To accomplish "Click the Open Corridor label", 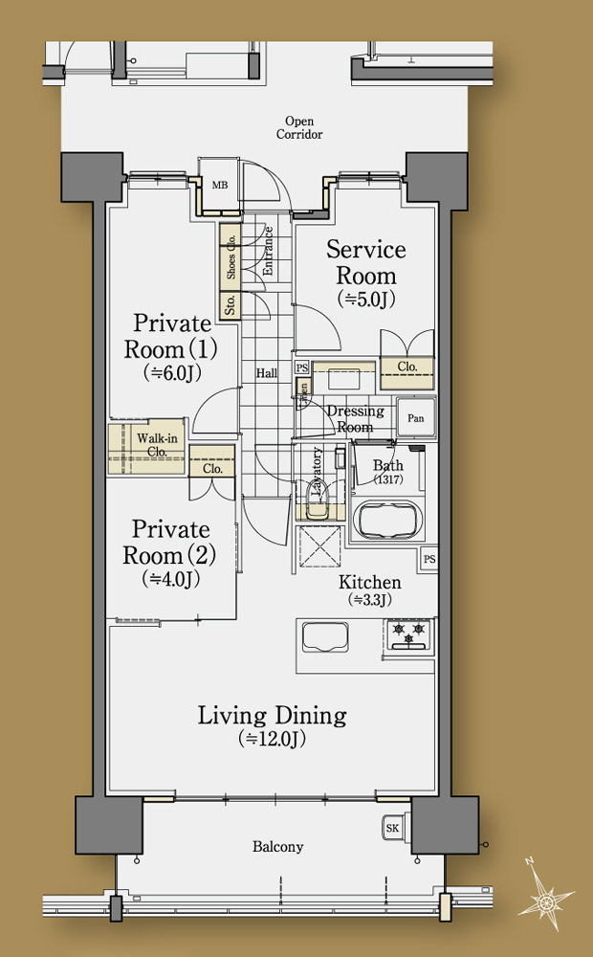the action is [x=299, y=127].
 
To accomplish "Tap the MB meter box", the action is [x=219, y=185].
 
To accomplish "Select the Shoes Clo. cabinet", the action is [x=230, y=256].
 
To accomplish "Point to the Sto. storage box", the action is [x=230, y=304].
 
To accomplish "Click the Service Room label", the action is [x=366, y=262].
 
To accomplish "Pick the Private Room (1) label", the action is [x=170, y=336].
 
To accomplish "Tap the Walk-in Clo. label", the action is [x=157, y=445].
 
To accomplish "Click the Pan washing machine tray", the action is [x=415, y=418].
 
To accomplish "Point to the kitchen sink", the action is [x=325, y=637].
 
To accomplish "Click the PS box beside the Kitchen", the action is [x=429, y=559].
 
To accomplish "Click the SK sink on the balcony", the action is [x=393, y=828].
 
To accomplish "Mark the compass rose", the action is [x=545, y=895].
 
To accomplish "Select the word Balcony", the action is [x=277, y=847].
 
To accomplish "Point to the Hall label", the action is [x=267, y=373].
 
